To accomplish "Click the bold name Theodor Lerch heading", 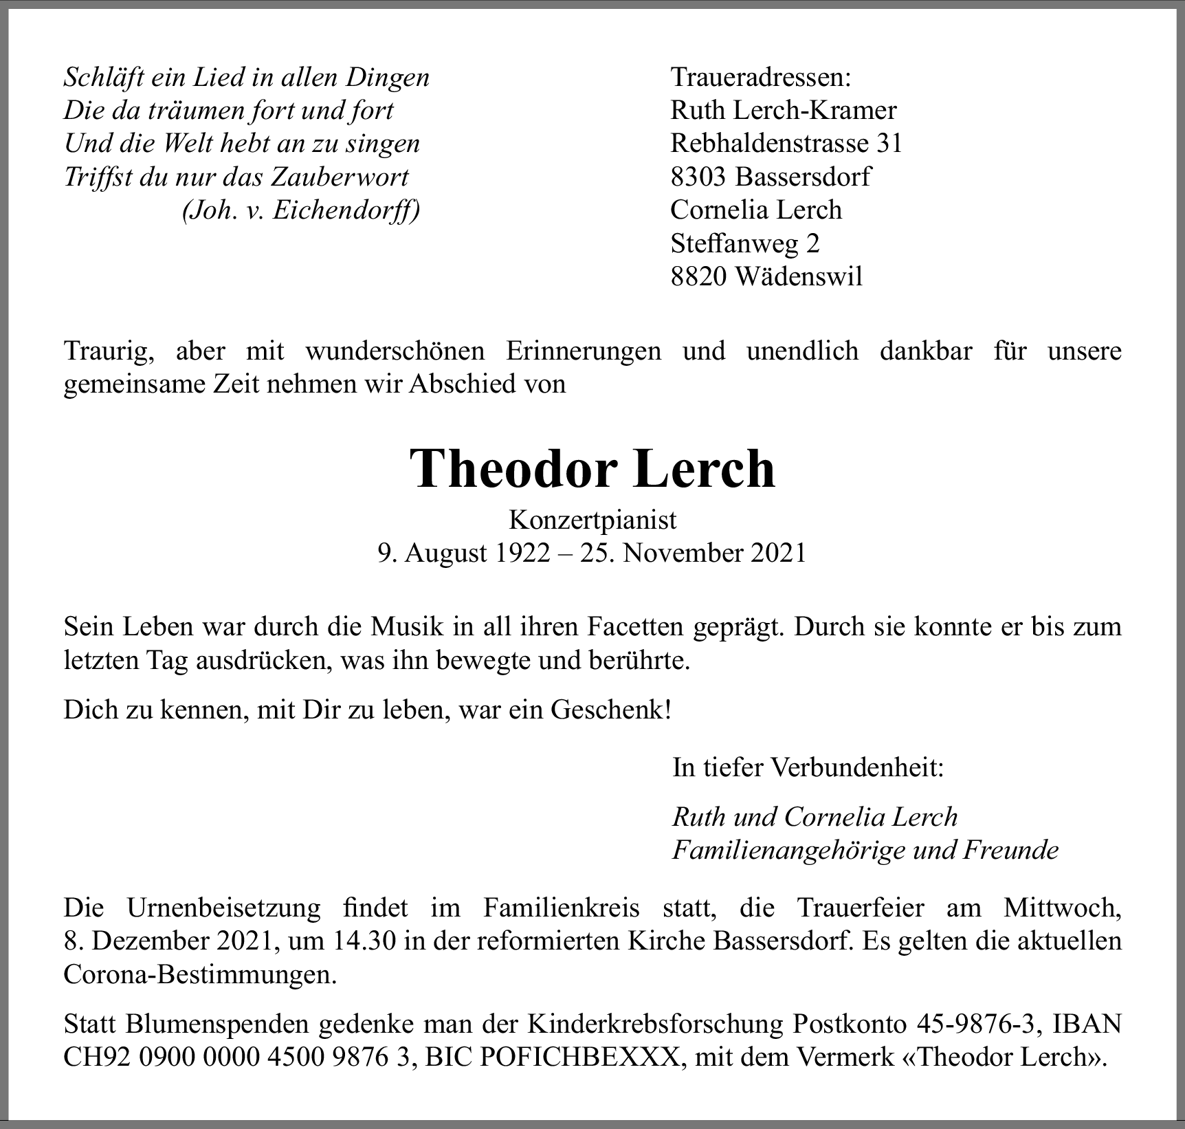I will pos(592,470).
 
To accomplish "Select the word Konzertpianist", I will pos(592,520).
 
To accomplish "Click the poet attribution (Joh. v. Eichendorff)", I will pos(300,210).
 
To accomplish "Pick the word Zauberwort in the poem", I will pos(340,177).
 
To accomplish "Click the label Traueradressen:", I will pos(760,78).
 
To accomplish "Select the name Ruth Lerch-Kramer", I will pos(783,111).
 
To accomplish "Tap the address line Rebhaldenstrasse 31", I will pos(786,144).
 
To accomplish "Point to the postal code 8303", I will pos(698,177).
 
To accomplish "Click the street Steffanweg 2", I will pos(744,243).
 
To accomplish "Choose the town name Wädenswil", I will pos(798,276).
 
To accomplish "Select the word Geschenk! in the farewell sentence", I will pos(610,710).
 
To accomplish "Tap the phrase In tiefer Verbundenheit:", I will pos(808,767).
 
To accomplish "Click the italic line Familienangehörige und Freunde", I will pos(865,851).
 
